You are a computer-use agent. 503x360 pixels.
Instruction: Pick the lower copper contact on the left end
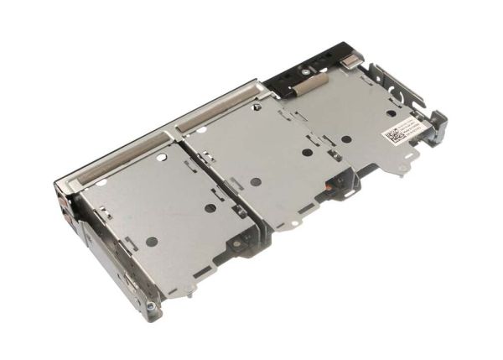tap(66, 223)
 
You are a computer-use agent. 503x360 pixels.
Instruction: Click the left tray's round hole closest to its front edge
tap(151, 242)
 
